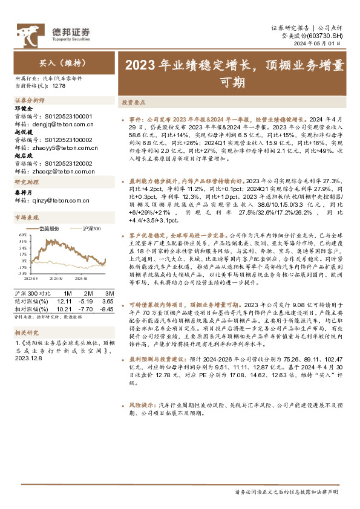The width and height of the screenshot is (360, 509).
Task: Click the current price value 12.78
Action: [x=59, y=87]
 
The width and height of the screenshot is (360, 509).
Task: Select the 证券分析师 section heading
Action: [x=30, y=100]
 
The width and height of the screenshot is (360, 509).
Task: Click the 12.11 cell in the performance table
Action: [x=65, y=300]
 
